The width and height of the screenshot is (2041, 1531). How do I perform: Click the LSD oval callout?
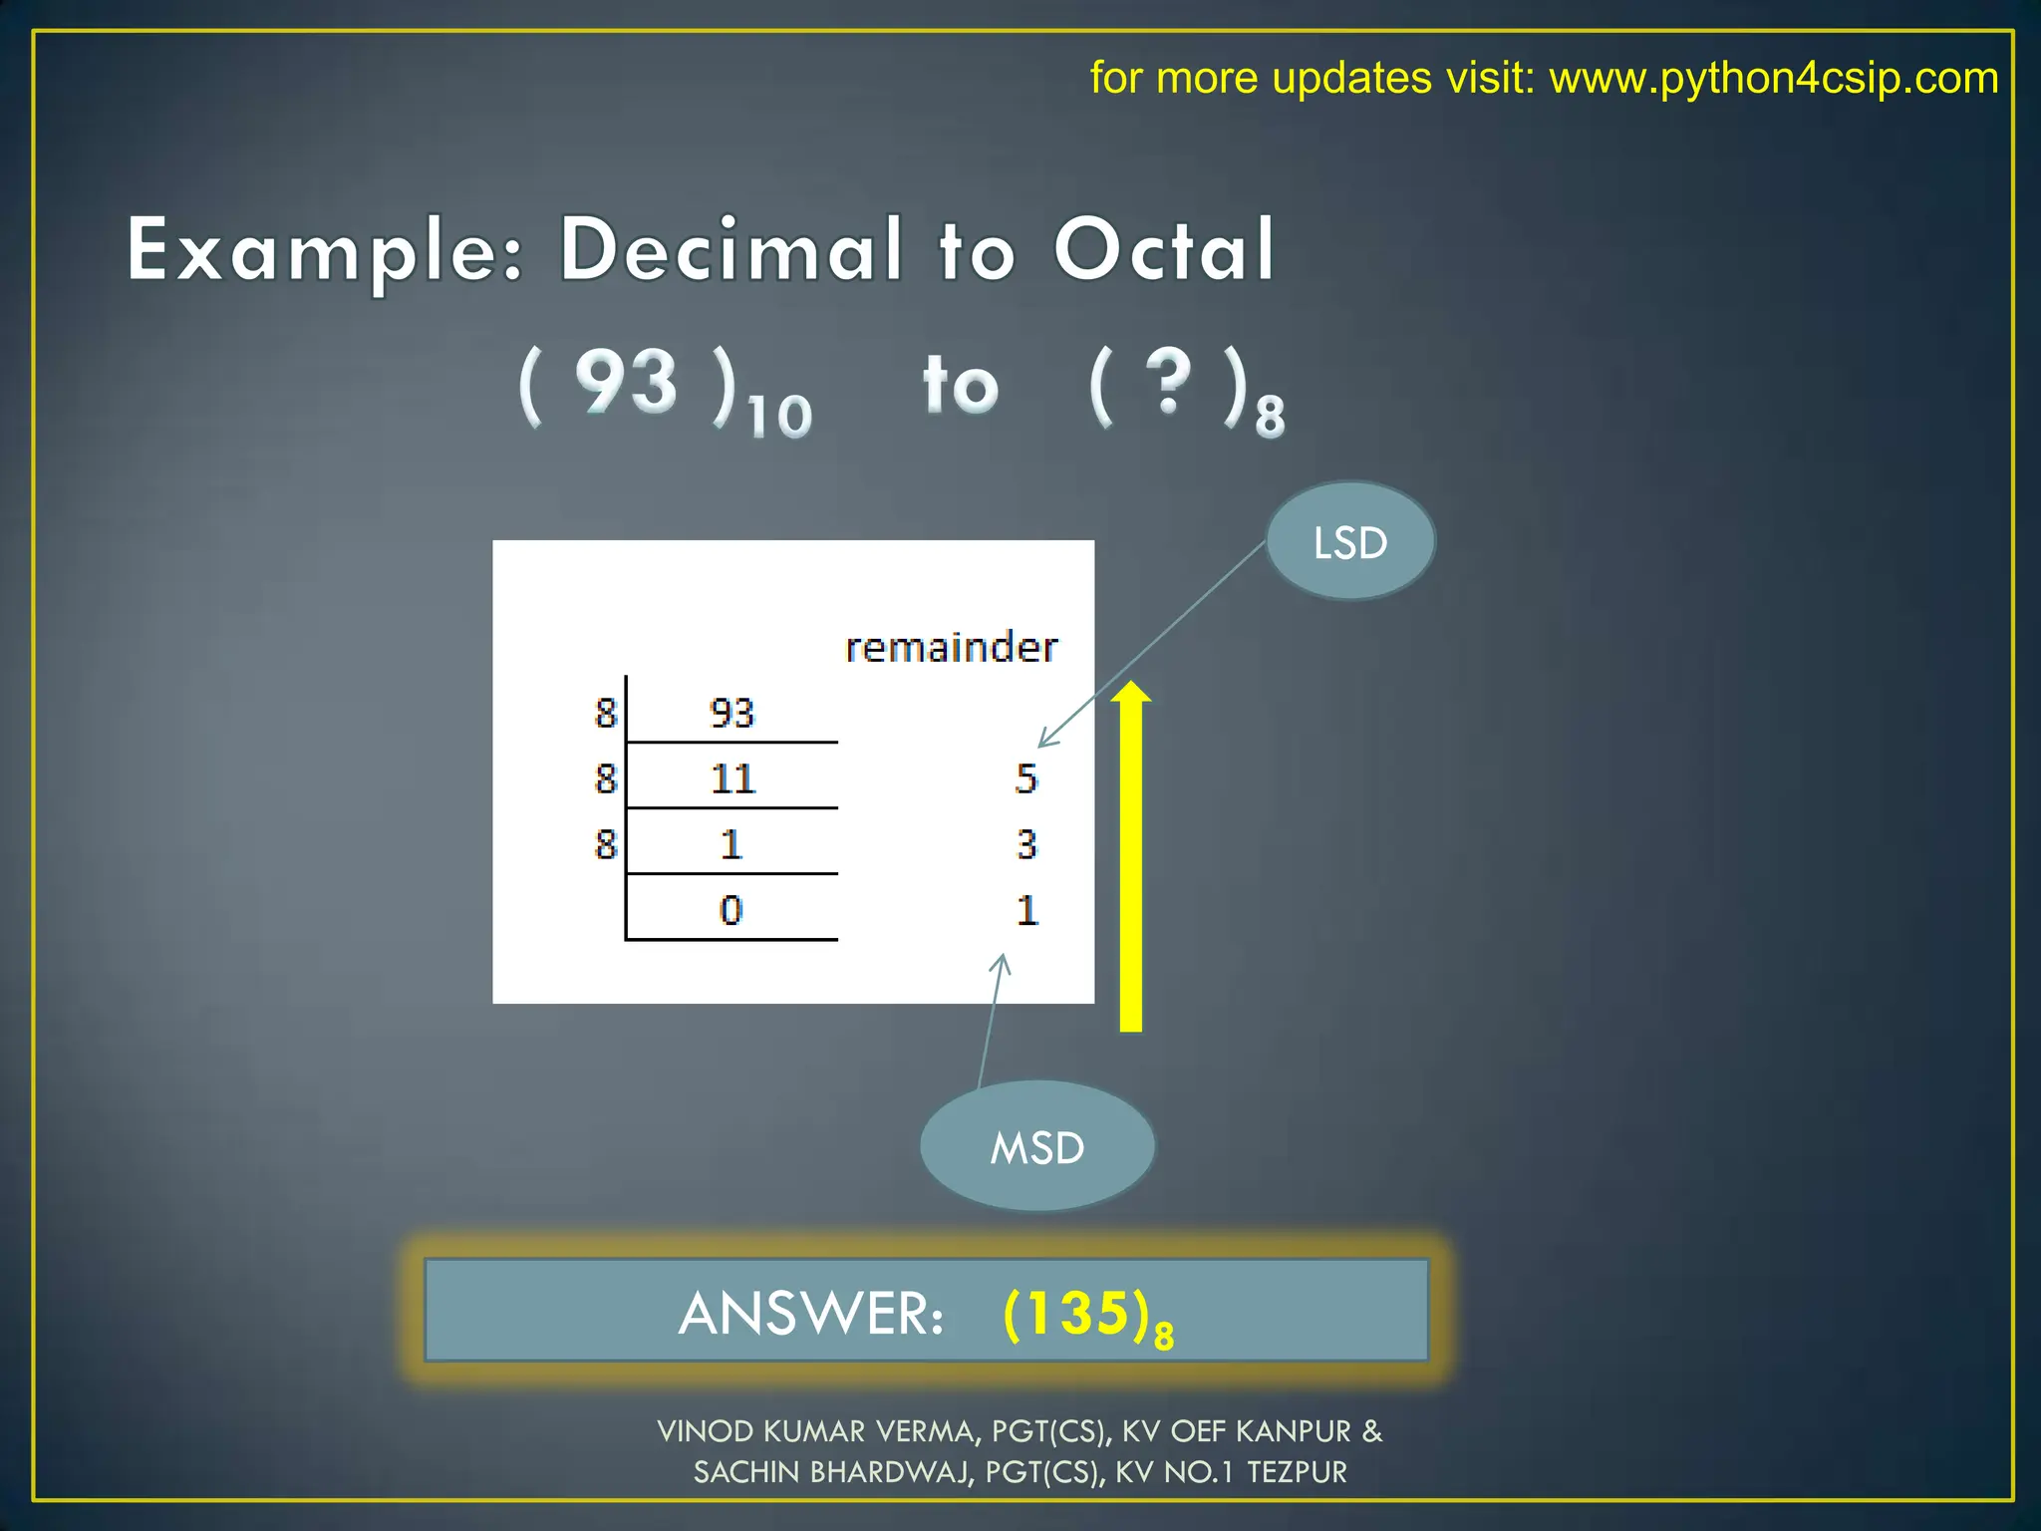[x=1350, y=542]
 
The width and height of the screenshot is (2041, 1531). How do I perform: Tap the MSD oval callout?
[x=1036, y=1147]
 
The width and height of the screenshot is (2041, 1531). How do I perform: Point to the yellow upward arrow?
[x=1131, y=857]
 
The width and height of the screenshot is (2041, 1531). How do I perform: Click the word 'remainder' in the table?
[x=951, y=648]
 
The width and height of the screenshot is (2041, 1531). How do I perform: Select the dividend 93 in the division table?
[x=731, y=714]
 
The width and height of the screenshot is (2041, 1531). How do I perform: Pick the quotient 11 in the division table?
[x=732, y=778]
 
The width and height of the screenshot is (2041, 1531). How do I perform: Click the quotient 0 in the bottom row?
[x=730, y=910]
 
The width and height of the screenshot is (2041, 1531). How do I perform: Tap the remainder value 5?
[x=1026, y=778]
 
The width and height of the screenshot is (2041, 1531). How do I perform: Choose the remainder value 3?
[x=1026, y=844]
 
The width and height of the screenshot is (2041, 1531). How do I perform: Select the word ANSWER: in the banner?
[x=811, y=1314]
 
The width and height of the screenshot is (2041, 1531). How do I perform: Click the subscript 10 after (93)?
[x=780, y=416]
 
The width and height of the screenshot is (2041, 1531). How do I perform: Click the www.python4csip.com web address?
[x=1774, y=78]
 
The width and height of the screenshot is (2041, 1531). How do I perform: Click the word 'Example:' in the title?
[x=325, y=251]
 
